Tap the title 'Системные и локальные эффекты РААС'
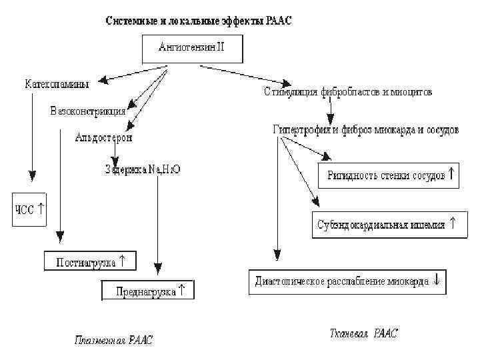click(199, 21)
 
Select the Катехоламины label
click(57, 84)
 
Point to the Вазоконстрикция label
click(87, 111)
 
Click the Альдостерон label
click(103, 138)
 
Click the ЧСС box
click(31, 209)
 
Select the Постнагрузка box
click(90, 262)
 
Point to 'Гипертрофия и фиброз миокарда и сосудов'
click(365, 130)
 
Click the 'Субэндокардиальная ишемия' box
click(385, 225)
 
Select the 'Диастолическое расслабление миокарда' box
click(347, 281)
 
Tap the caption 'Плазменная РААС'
click(113, 341)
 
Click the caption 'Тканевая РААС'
click(363, 333)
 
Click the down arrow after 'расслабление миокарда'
click(437, 281)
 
